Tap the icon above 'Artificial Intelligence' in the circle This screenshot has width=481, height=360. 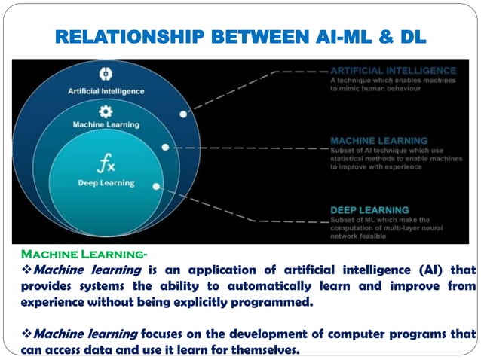(x=106, y=75)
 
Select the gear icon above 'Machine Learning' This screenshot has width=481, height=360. (x=106, y=110)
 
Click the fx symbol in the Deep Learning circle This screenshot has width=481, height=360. (x=106, y=163)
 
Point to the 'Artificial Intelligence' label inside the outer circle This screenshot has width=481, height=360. (x=106, y=91)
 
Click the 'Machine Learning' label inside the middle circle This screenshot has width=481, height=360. (x=106, y=124)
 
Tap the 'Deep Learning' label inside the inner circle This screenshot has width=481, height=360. (x=106, y=182)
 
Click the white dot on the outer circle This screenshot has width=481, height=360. (x=183, y=114)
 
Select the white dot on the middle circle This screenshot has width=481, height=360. (x=165, y=148)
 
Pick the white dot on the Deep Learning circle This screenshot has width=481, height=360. (x=156, y=185)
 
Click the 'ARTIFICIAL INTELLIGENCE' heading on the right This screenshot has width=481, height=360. (x=394, y=70)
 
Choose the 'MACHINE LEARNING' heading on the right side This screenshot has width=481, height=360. (x=379, y=140)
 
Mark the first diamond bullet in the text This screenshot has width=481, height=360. (x=26, y=270)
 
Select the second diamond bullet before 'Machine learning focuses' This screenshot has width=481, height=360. (x=26, y=334)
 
